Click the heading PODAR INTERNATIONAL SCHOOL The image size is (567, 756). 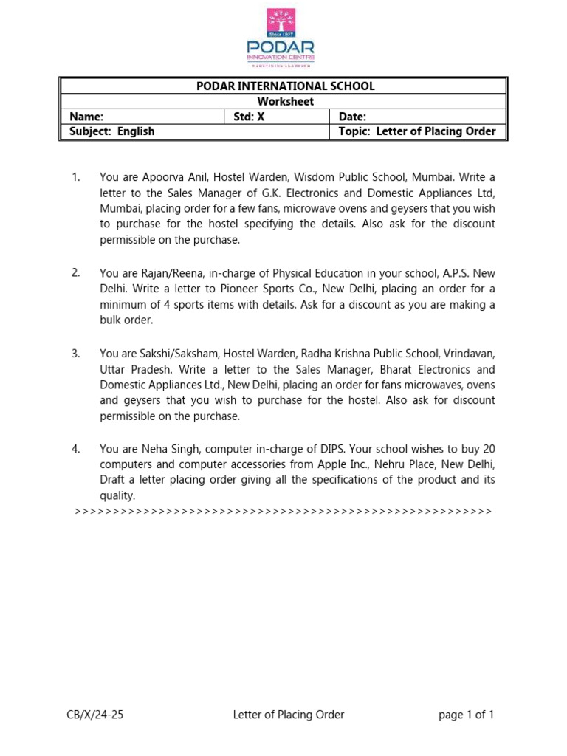coord(285,86)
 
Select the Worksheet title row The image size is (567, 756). coord(285,101)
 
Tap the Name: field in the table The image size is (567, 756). coord(86,117)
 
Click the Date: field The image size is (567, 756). coord(352,117)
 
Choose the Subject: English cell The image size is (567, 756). coord(112,131)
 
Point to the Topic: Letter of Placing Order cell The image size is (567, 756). coord(416,131)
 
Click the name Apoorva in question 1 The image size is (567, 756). coord(159,178)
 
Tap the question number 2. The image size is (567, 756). coord(75,273)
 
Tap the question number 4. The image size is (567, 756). coord(75,449)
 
